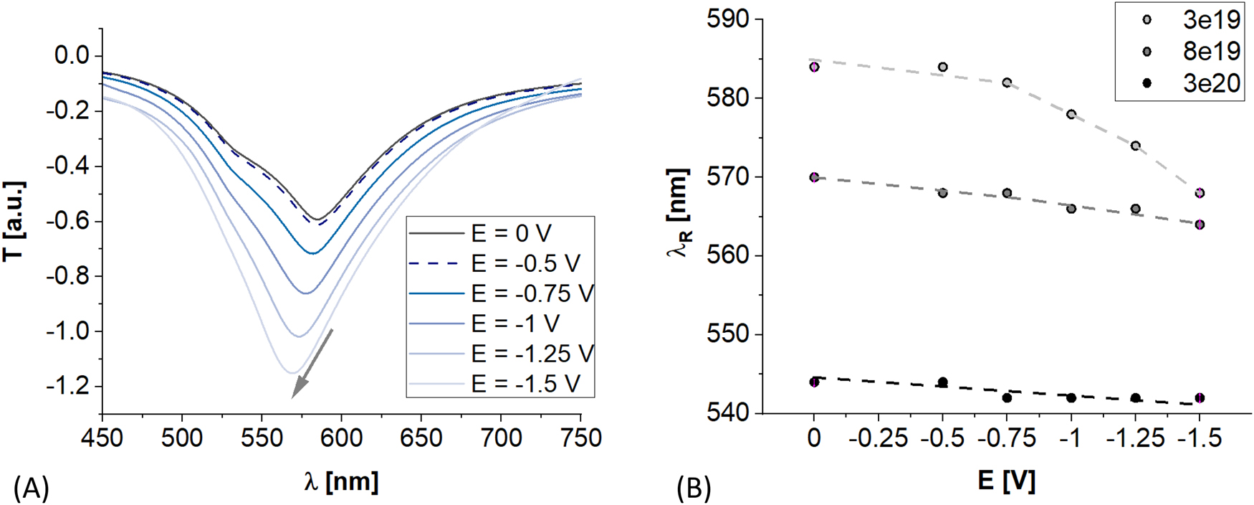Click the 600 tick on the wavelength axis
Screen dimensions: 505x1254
tap(341, 437)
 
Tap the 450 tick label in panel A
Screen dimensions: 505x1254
tap(102, 437)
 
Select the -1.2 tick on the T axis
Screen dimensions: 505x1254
tap(69, 387)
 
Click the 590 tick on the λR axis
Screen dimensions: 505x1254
tap(728, 19)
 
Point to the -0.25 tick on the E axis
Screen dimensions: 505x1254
tap(879, 437)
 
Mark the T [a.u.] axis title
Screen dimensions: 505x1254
tap(14, 221)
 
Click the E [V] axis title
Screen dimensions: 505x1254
tap(1007, 480)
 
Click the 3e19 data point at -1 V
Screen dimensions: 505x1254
tap(1071, 114)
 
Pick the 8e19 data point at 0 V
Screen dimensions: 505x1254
tap(814, 177)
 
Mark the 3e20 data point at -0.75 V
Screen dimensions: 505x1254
tap(1007, 397)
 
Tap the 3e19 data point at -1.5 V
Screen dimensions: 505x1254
tap(1200, 193)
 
